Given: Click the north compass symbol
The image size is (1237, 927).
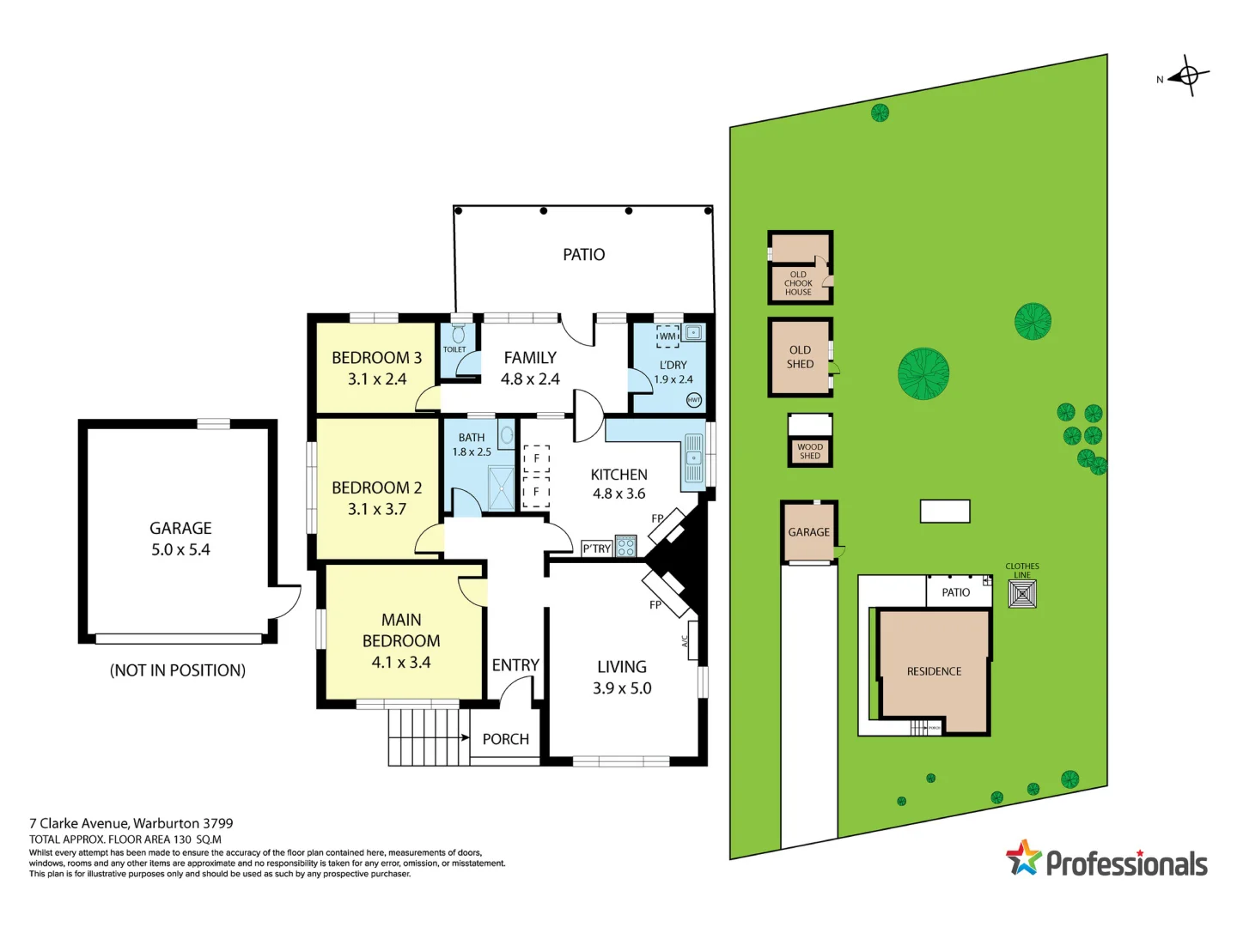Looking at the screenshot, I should [1189, 76].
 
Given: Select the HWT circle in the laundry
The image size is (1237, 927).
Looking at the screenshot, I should [694, 400].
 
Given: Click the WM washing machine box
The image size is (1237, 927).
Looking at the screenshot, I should [668, 336].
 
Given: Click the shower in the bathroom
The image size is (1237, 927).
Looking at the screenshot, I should [500, 487].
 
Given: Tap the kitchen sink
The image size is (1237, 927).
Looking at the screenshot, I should [693, 458].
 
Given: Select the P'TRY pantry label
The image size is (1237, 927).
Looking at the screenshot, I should [596, 548].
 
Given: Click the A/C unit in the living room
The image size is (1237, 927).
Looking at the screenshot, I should [692, 640].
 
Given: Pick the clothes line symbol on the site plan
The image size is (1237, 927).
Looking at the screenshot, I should [1022, 594].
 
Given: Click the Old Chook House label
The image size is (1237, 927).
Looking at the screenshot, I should [798, 283].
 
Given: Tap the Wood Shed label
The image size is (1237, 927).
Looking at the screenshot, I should [810, 451].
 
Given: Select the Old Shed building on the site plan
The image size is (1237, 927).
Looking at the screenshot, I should [800, 357].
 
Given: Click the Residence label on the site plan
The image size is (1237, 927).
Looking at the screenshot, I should [934, 671].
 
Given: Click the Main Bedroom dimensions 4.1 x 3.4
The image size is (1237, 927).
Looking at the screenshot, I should [401, 663].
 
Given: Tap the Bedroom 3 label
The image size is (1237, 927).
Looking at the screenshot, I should [376, 358].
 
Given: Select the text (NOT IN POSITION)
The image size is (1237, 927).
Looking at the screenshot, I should [178, 670].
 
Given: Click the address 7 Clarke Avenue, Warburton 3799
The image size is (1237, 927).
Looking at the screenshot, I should [131, 823].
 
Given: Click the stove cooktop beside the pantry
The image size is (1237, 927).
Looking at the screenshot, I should [625, 546].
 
